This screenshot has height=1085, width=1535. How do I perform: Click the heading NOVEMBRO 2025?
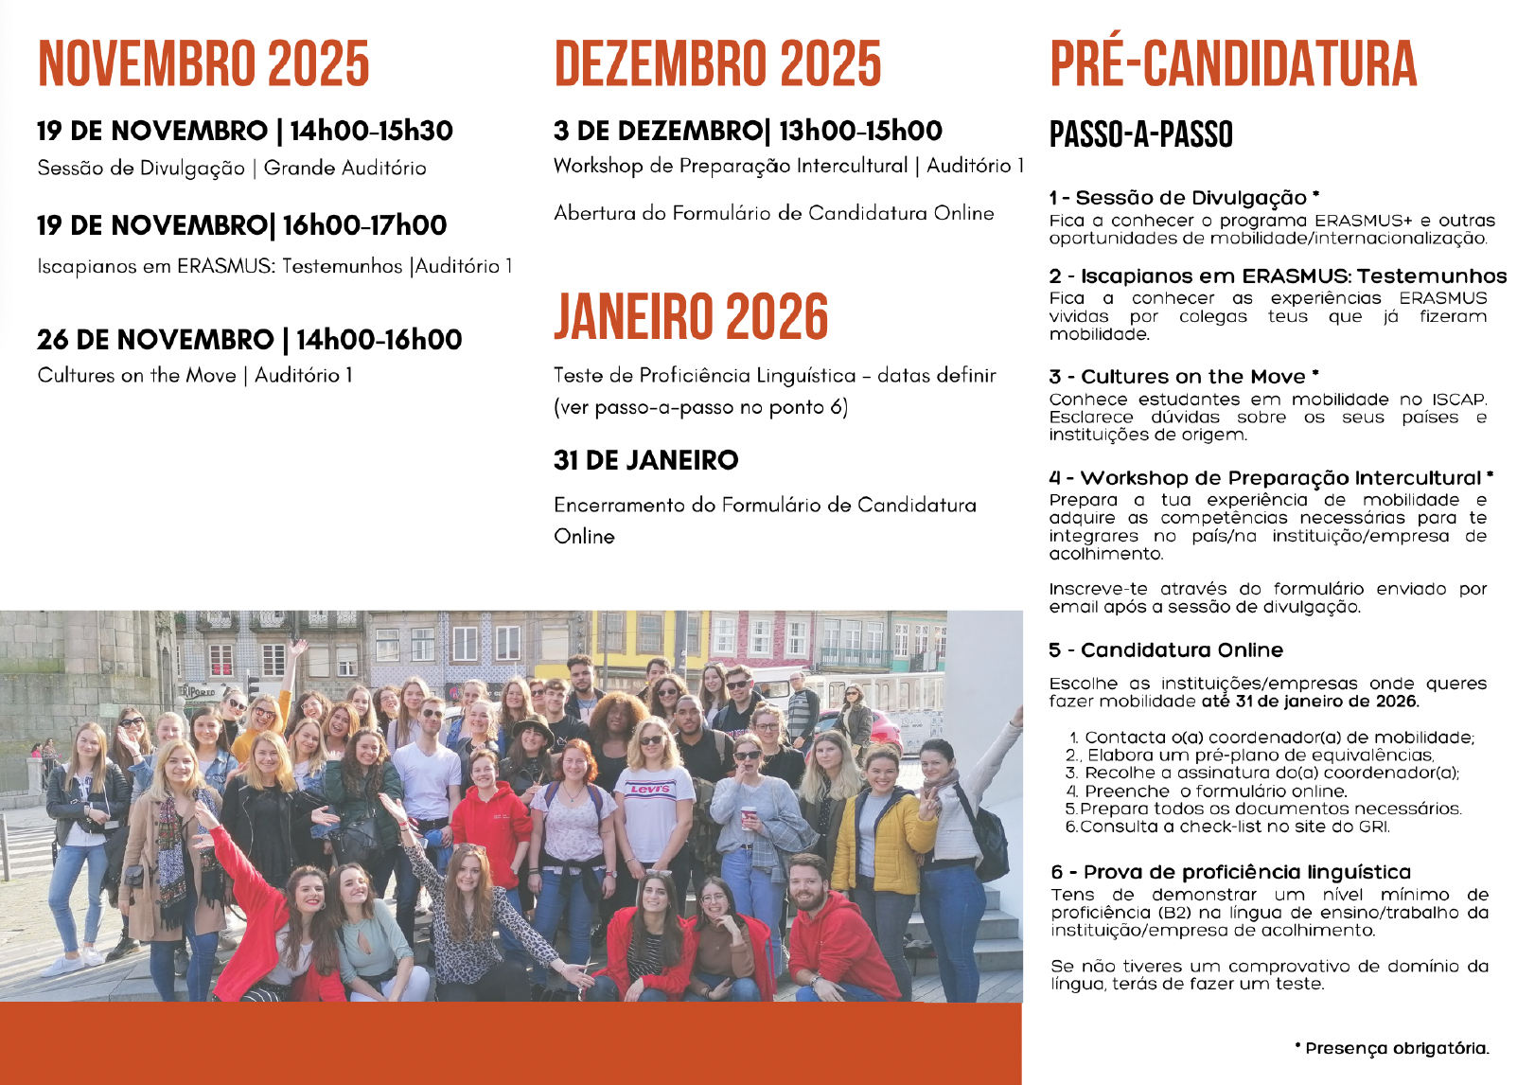203,64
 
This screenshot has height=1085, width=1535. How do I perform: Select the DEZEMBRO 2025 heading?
717,64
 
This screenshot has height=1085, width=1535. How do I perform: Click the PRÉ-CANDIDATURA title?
1233,64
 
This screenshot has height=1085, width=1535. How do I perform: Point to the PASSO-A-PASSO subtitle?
1141,135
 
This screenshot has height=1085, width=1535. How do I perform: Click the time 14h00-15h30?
371,131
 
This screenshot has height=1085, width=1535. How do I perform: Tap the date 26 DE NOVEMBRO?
155,339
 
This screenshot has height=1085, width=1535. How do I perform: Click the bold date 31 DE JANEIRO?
646,460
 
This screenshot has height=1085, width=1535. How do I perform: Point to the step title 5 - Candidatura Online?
1166,650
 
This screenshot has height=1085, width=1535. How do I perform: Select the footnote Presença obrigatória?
1397,1048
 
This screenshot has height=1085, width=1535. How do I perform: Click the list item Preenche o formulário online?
1216,792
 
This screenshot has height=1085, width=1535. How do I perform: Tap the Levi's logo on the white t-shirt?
650,789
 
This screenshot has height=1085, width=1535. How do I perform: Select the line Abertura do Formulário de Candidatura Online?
774,213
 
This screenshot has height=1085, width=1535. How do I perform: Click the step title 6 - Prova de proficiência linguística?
1230,872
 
